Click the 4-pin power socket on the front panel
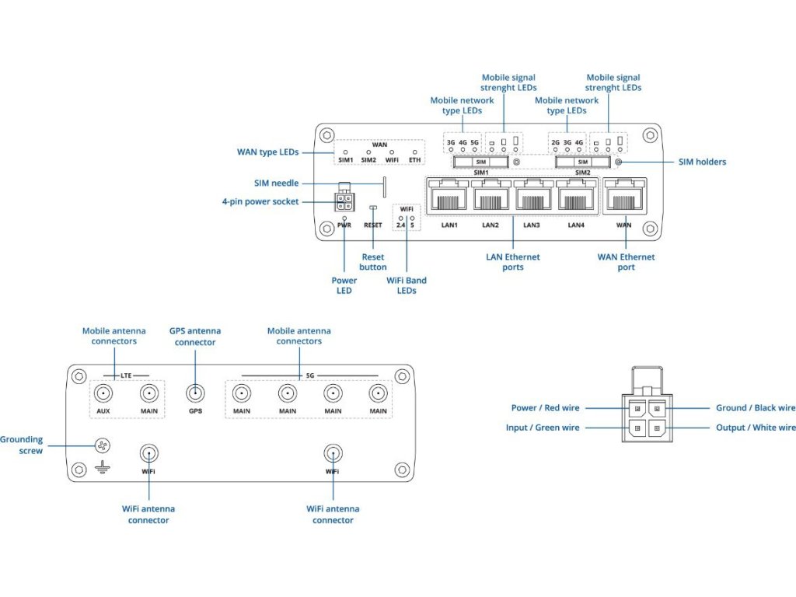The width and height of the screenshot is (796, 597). (x=344, y=202)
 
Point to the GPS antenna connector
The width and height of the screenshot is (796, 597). (x=195, y=393)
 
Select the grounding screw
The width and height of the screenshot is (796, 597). (x=100, y=445)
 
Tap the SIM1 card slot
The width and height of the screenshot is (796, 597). (x=480, y=162)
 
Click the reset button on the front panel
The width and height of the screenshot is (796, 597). (x=373, y=208)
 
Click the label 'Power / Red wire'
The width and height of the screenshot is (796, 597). (x=545, y=408)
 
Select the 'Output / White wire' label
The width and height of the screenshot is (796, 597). (x=756, y=428)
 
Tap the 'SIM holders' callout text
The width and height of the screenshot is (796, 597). (x=701, y=162)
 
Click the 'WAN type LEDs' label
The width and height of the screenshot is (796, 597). (x=268, y=152)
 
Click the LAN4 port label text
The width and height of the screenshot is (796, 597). (x=575, y=225)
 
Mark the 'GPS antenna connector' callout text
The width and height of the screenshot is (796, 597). (x=195, y=337)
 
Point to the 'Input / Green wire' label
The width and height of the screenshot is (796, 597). (x=543, y=428)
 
